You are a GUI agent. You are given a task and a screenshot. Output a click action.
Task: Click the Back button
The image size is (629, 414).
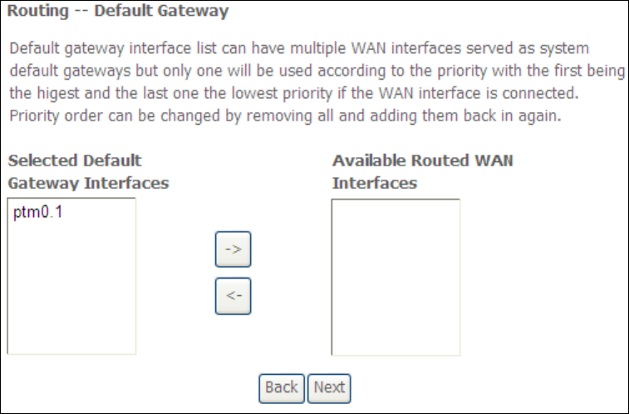[281, 387]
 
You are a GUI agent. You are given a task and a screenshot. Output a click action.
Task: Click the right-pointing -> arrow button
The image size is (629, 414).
[233, 250]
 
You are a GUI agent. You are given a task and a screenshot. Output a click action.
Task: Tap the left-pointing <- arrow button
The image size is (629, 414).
[233, 297]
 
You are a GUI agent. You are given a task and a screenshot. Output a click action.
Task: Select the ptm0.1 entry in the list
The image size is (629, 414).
[38, 214]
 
